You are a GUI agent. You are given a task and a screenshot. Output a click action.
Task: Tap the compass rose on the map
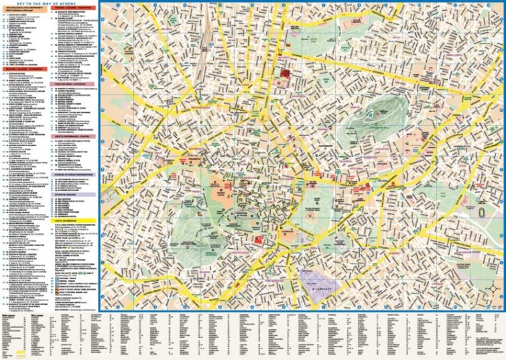[493, 290]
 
